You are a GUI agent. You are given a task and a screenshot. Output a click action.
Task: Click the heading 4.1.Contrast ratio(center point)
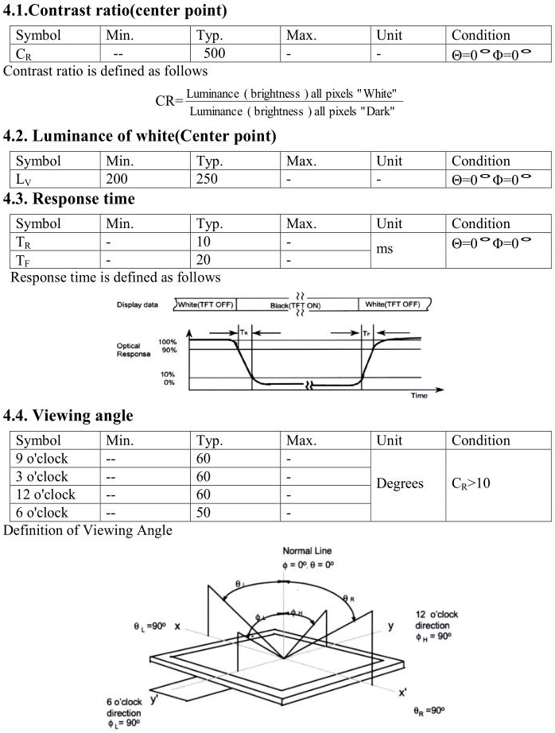tap(115, 11)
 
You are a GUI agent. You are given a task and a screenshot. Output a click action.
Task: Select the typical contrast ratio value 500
tap(214, 54)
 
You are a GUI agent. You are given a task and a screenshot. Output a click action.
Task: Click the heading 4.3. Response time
tap(69, 199)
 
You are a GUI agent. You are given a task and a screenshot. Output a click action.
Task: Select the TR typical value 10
tap(204, 242)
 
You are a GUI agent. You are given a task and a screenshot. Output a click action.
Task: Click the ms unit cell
tap(385, 250)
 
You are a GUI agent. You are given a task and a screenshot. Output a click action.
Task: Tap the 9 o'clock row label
tap(42, 459)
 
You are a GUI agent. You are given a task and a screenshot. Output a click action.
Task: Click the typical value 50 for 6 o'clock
tap(204, 513)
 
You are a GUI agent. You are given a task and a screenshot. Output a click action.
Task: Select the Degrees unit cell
tap(400, 484)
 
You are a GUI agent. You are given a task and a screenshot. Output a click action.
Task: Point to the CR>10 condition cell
tap(472, 484)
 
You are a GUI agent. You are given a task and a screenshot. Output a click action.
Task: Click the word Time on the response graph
tap(419, 395)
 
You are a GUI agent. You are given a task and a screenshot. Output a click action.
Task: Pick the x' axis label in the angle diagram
tap(403, 692)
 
